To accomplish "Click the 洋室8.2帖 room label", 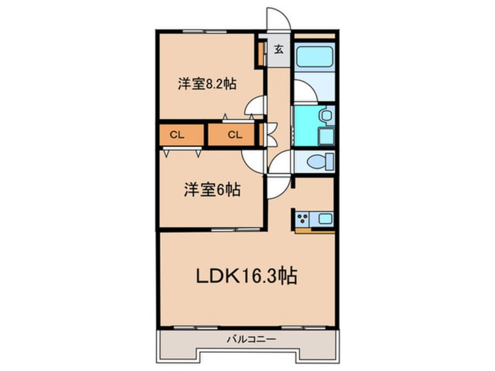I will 207,84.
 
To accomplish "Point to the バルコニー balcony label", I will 246,339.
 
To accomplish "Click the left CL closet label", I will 176,135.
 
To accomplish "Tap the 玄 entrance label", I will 279,49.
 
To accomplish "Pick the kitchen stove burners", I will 303,219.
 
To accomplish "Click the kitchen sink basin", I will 325,219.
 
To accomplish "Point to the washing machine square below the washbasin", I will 325,136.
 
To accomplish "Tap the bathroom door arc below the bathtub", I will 304,92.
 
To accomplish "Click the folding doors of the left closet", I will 183,152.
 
